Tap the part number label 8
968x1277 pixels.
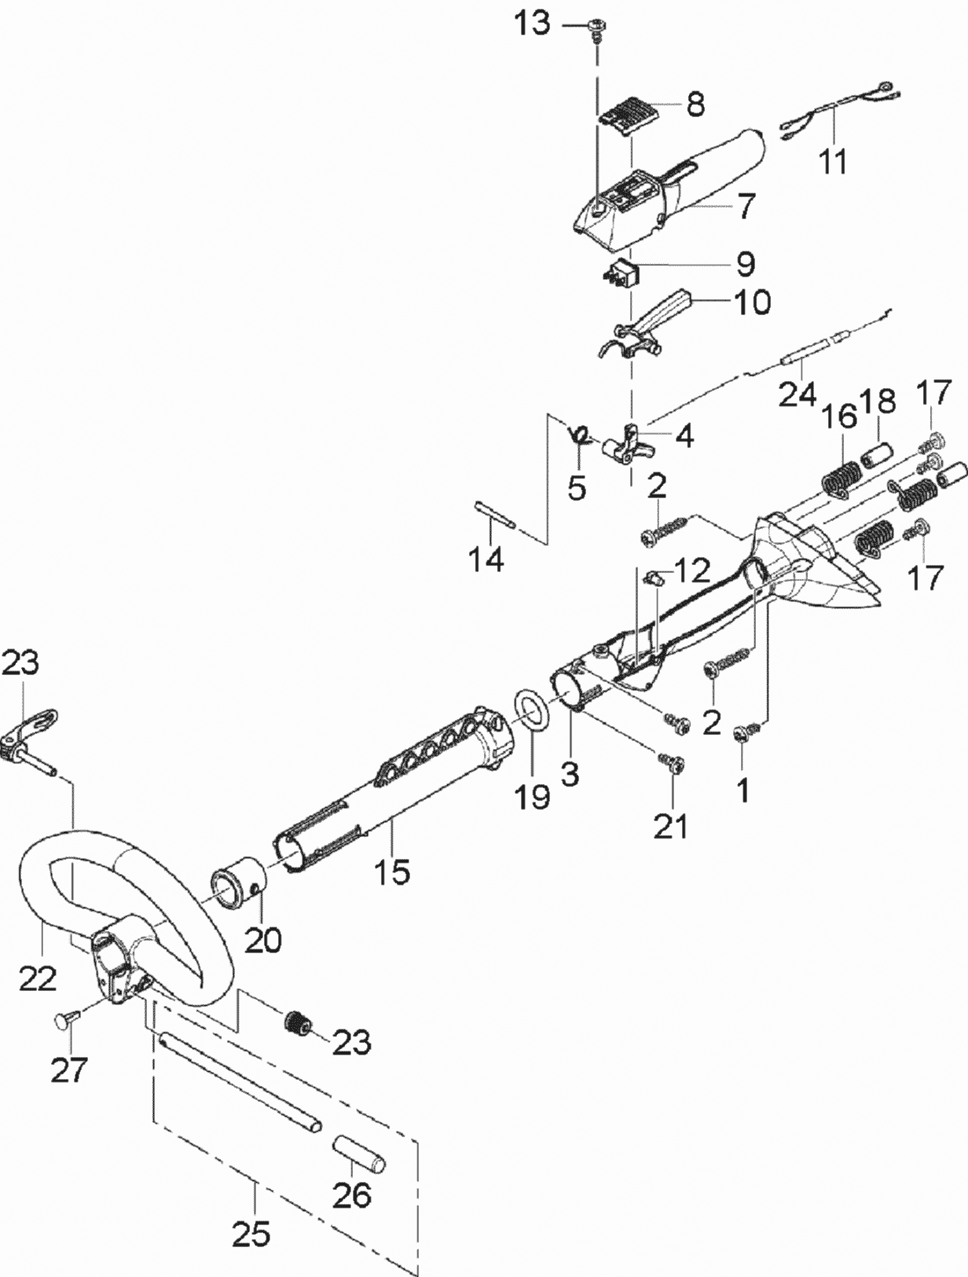point(695,105)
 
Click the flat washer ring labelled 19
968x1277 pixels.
point(533,708)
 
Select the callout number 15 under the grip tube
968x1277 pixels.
point(392,872)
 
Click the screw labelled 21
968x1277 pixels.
point(675,764)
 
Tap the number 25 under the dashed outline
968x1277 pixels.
point(251,1235)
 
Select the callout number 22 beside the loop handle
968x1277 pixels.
point(38,977)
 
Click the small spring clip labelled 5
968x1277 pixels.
point(580,433)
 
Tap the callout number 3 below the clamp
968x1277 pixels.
point(571,775)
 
